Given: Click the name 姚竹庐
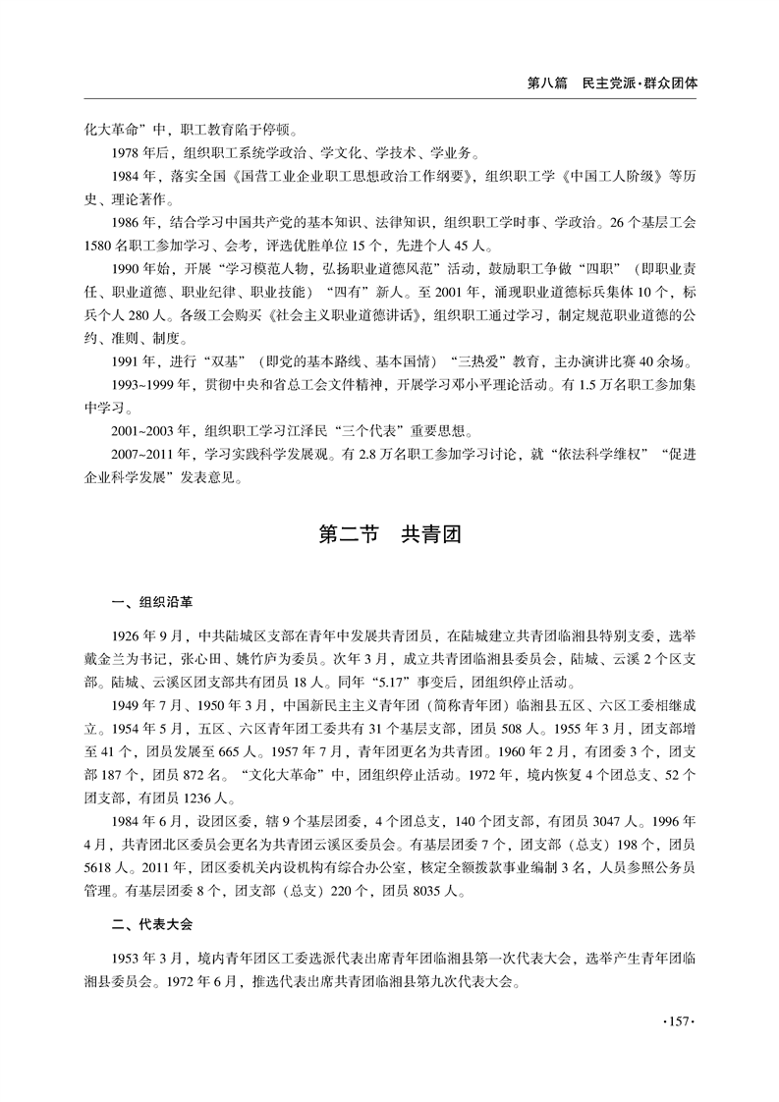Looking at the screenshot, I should (x=255, y=659).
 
